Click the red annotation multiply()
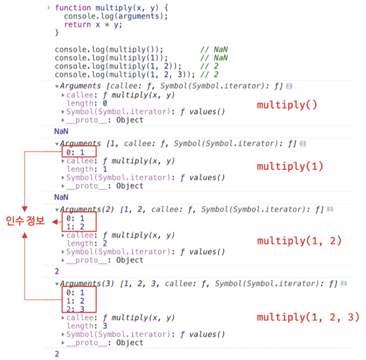(x=287, y=105)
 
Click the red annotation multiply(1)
(x=290, y=166)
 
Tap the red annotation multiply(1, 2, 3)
(x=308, y=317)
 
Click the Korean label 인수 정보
(x=25, y=221)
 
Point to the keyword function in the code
(x=73, y=8)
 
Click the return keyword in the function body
(x=77, y=25)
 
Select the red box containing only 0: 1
(x=79, y=152)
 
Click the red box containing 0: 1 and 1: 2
(x=79, y=222)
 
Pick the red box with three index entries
(x=79, y=300)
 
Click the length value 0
(x=105, y=103)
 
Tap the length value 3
(x=105, y=326)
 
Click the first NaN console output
(x=61, y=131)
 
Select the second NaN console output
(x=61, y=197)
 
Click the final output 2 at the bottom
(x=57, y=354)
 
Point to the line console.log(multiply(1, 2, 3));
(x=125, y=74)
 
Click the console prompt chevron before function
(x=49, y=7)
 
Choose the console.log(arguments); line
(x=116, y=16)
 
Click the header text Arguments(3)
(x=87, y=283)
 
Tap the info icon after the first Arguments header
(x=289, y=86)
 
